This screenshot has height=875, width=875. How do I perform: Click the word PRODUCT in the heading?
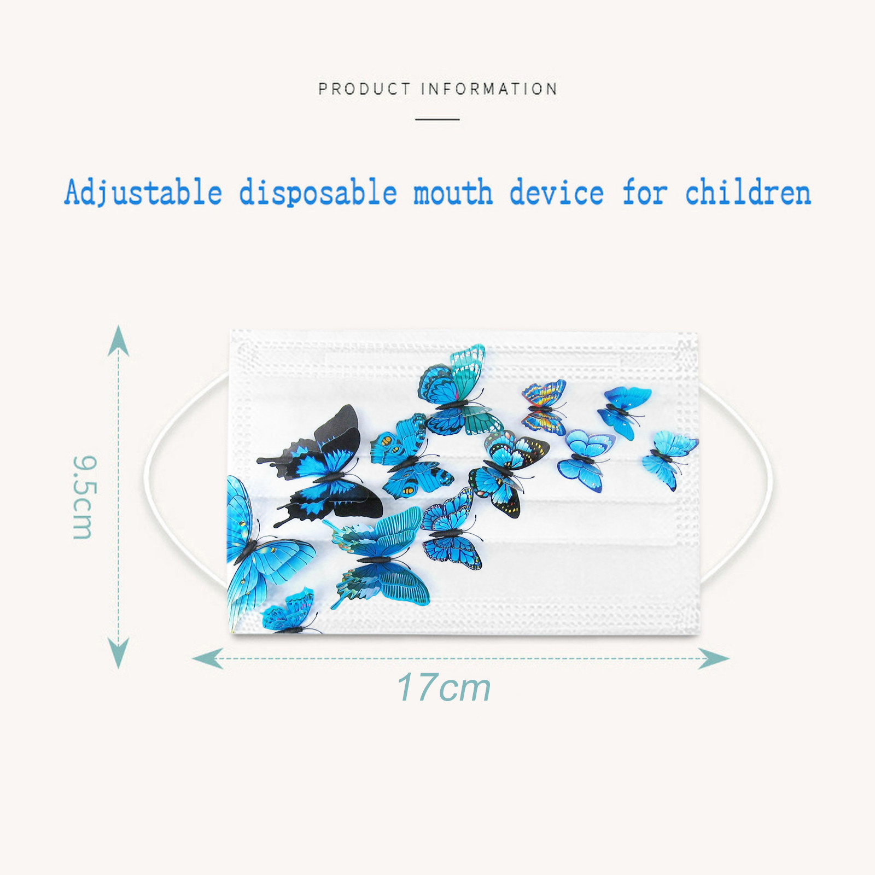pos(364,89)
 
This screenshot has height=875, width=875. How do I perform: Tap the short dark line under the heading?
pos(437,119)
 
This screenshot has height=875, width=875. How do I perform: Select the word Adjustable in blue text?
pos(143,193)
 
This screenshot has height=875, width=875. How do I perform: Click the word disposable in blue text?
pos(318,193)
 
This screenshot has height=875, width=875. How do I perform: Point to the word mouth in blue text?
pos(453,193)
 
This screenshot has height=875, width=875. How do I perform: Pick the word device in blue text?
pos(557,193)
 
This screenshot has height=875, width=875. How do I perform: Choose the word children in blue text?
pos(748,193)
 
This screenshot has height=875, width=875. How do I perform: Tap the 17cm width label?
pos(444,687)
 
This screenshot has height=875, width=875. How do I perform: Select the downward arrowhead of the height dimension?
pos(119,653)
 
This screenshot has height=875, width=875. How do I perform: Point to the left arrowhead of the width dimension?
pos(208,658)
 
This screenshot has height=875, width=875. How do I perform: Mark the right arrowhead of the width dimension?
pos(714,658)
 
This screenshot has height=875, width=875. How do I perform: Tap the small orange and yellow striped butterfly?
pos(544,407)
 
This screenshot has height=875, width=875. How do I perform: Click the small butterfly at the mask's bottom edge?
pos(289,611)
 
